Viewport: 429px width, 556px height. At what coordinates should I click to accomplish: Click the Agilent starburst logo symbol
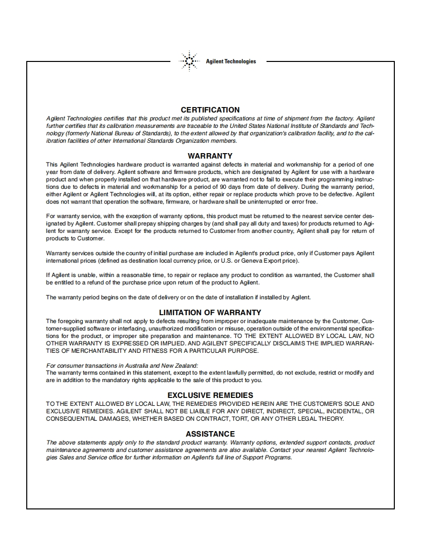pyautogui.click(x=188, y=61)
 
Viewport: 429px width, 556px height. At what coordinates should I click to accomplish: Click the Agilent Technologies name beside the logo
pyautogui.click(x=231, y=61)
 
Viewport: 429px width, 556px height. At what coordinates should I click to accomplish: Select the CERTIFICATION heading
pyautogui.click(x=210, y=110)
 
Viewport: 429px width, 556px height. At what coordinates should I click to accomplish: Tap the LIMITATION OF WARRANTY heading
pyautogui.click(x=210, y=313)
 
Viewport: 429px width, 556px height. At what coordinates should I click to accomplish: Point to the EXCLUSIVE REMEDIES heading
pyautogui.click(x=210, y=395)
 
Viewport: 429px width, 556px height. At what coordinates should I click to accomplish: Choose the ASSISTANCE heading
pyautogui.click(x=210, y=434)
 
